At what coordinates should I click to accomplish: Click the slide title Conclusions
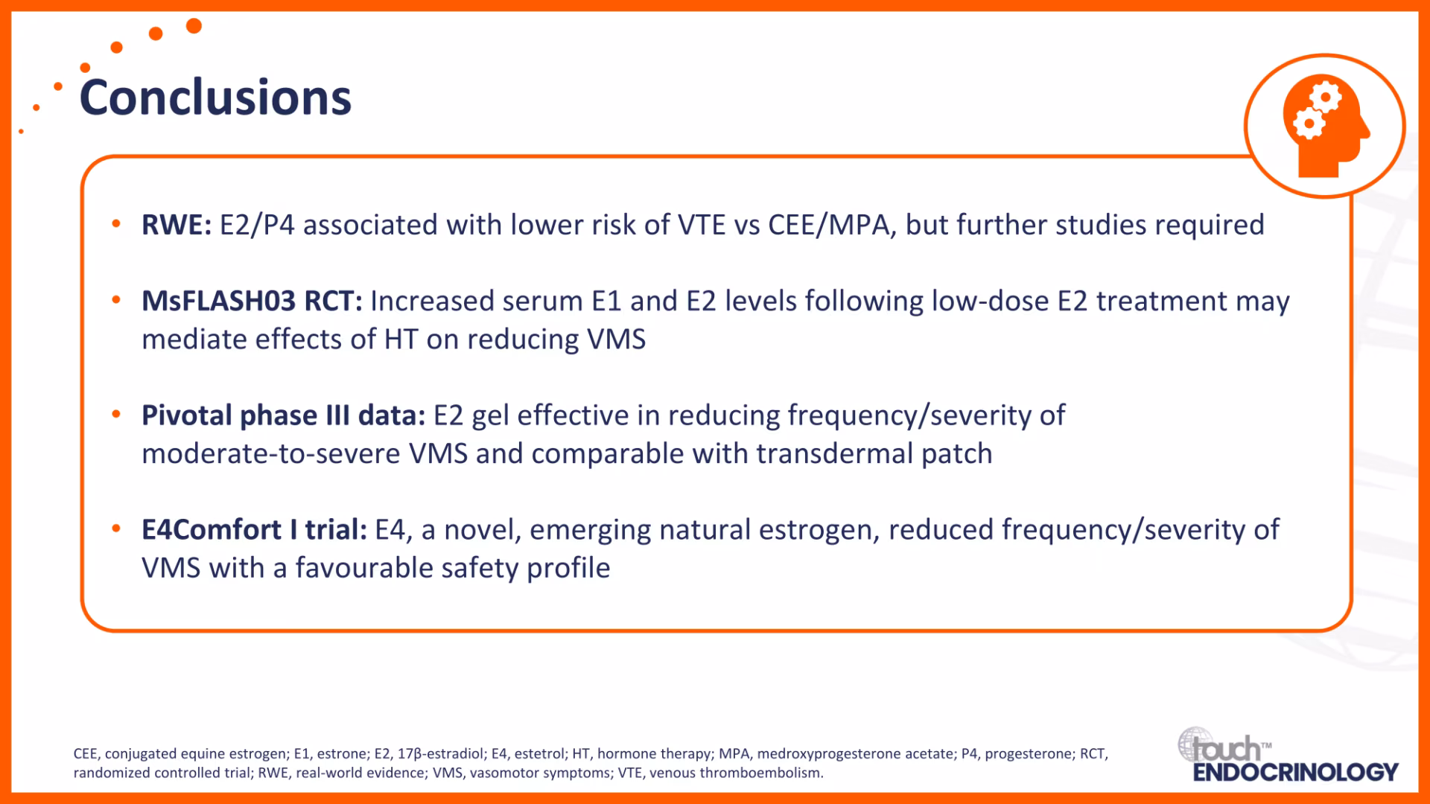[x=215, y=98]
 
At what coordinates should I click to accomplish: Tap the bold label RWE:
[x=177, y=225]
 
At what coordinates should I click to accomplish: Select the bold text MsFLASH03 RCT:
[x=252, y=301]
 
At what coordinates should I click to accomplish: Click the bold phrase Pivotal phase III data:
[x=283, y=415]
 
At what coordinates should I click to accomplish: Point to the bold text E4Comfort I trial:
[x=254, y=529]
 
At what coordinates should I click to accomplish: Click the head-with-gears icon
[x=1325, y=126]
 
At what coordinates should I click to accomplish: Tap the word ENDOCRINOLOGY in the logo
[x=1295, y=772]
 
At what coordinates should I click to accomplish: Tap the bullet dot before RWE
[x=116, y=223]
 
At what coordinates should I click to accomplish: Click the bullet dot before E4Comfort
[x=116, y=528]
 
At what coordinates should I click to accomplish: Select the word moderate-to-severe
[x=271, y=453]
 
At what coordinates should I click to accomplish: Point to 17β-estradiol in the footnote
[x=439, y=753]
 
